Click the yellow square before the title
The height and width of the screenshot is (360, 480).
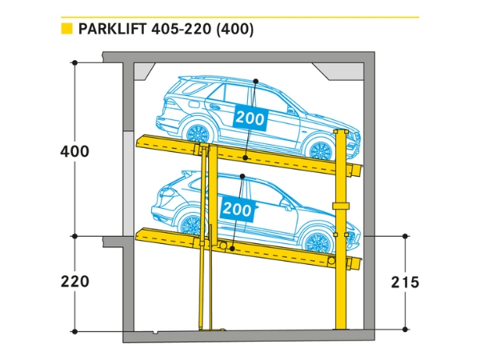67,30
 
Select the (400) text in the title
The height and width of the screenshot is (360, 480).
238,30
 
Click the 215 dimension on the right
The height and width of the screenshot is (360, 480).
406,282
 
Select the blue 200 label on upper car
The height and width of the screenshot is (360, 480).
250,118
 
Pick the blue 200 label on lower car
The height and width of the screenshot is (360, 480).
238,210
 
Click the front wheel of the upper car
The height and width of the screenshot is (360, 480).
320,150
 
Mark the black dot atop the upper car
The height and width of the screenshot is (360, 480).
254,81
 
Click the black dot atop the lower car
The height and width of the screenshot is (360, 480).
242,175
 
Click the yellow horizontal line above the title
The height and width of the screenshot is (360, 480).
240,16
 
